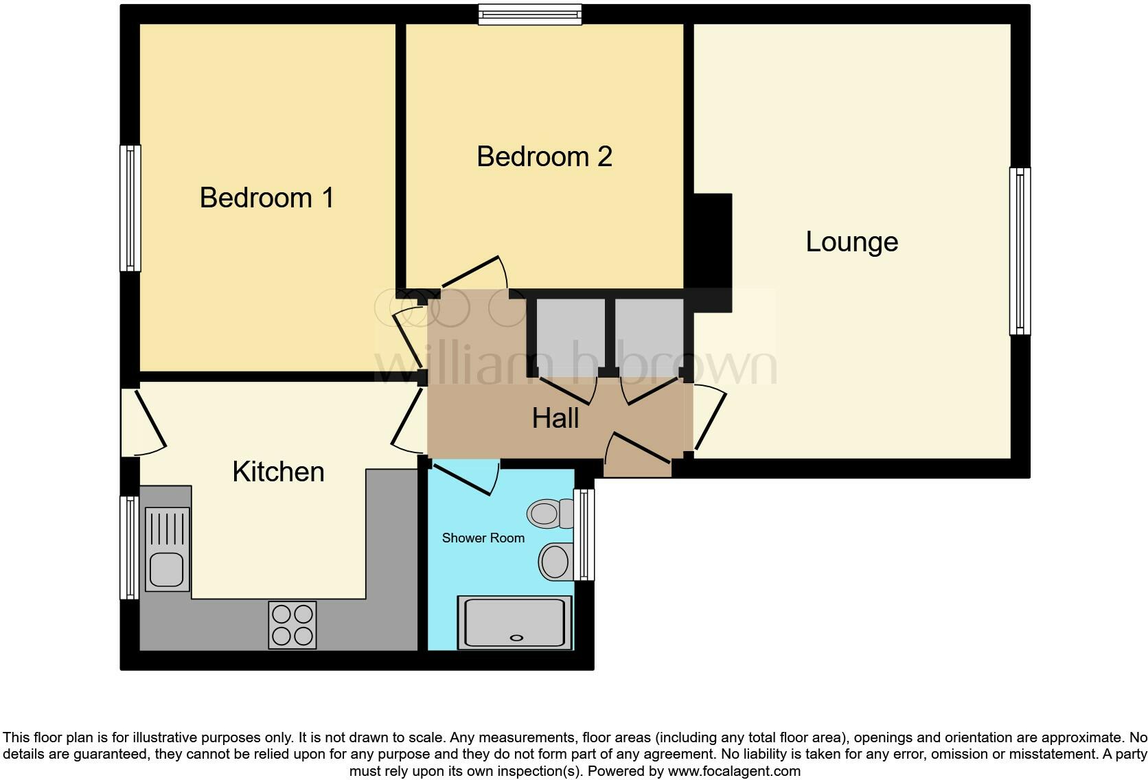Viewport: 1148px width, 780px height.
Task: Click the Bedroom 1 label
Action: [266, 198]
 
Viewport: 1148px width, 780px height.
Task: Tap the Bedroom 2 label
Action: [544, 157]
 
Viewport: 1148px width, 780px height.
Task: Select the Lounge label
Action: [851, 242]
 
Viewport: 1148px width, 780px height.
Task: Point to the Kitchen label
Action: [278, 472]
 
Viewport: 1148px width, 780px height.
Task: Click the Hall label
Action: [555, 418]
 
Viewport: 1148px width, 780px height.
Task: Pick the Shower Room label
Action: [483, 538]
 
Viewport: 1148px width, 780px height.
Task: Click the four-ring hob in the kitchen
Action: [292, 625]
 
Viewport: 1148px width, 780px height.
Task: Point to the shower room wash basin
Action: [555, 562]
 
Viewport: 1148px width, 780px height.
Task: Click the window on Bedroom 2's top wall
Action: [529, 14]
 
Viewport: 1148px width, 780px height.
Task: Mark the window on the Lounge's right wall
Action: [1020, 251]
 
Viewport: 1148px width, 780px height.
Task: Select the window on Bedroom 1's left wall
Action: [130, 208]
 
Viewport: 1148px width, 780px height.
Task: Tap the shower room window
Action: [584, 535]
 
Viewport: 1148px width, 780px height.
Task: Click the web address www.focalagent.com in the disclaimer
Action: [734, 771]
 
